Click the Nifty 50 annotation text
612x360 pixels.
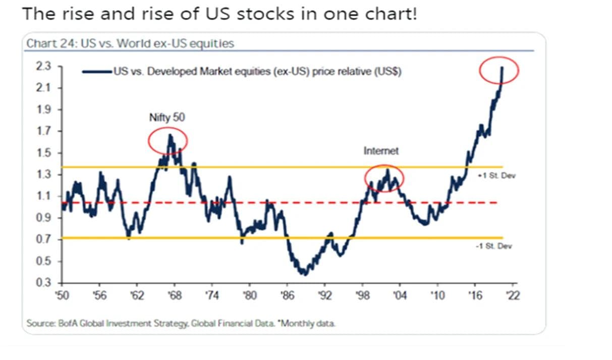click(168, 118)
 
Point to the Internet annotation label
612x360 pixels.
click(381, 150)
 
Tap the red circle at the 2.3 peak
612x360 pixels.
click(499, 71)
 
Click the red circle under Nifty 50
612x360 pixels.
click(168, 142)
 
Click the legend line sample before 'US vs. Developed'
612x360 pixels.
click(97, 72)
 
